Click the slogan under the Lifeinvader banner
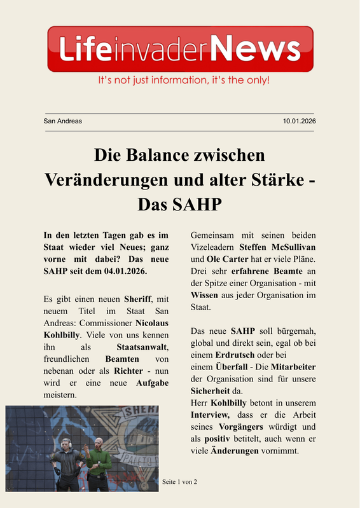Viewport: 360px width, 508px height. click(184, 81)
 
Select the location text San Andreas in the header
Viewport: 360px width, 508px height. click(62, 121)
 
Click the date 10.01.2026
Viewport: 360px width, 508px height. click(300, 121)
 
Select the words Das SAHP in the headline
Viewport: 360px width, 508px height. click(179, 204)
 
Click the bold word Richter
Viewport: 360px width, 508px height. click(128, 371)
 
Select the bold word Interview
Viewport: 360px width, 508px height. click(209, 415)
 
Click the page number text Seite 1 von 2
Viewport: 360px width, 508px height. click(179, 482)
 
